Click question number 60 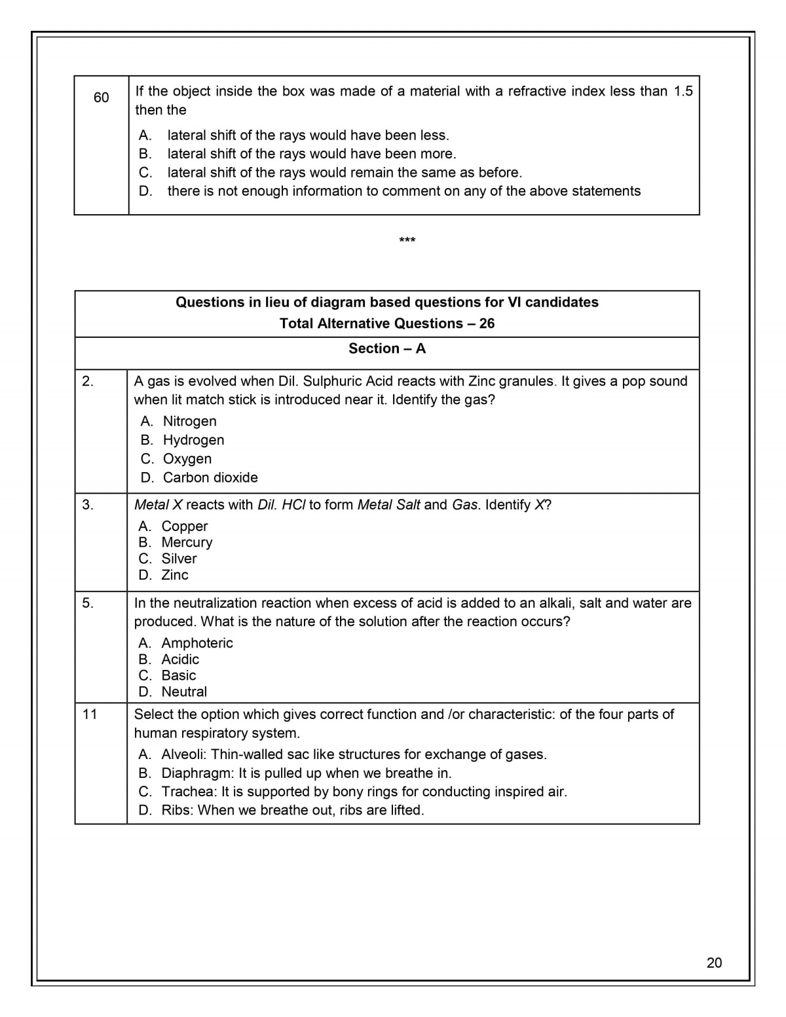tap(101, 98)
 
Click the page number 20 tap(714, 962)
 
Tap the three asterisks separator tap(407, 240)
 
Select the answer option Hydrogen tap(193, 440)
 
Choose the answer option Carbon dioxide tap(210, 477)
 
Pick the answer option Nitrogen tap(189, 421)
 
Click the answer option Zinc tap(175, 575)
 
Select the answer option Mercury tap(187, 542)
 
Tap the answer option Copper tap(185, 527)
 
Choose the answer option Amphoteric tap(197, 643)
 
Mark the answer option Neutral tap(184, 692)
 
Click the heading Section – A tap(387, 348)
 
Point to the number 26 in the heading tap(487, 324)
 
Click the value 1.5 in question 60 tap(683, 91)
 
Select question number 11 tap(90, 714)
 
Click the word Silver tap(179, 559)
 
